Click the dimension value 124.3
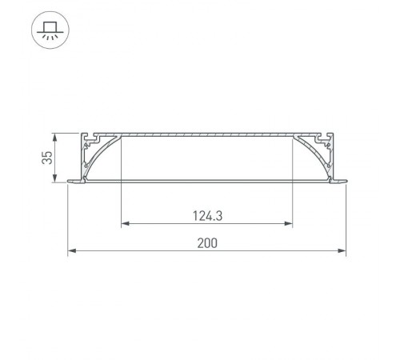click(206, 214)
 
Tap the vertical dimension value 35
click(47, 156)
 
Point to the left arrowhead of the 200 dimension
click(70, 252)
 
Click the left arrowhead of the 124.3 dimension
click(124, 223)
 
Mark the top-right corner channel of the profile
click(327, 138)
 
